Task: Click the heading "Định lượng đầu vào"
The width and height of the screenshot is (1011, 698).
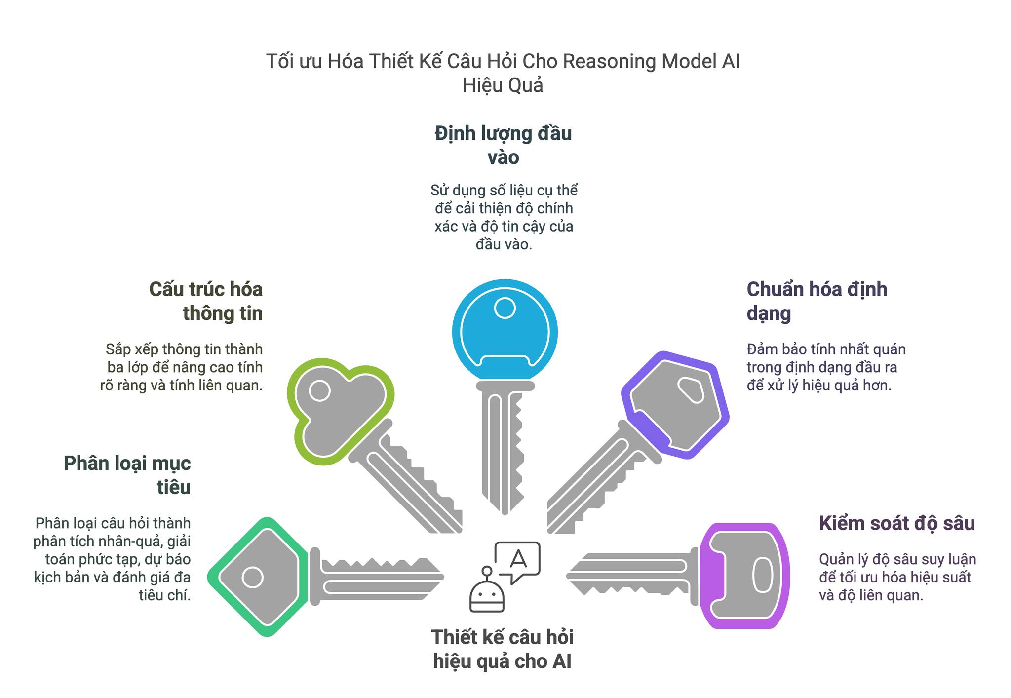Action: [x=503, y=145]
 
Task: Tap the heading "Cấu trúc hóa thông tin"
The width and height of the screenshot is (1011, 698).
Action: [x=206, y=301]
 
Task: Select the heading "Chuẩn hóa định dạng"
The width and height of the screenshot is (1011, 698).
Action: [x=817, y=301]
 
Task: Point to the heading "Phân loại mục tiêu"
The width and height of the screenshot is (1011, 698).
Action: [x=127, y=475]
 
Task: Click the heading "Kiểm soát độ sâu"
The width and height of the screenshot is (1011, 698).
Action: [x=896, y=523]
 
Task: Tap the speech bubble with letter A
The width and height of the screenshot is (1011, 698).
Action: [x=517, y=561]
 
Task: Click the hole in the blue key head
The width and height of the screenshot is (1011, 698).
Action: [x=505, y=309]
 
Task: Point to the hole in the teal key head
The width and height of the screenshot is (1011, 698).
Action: [x=253, y=577]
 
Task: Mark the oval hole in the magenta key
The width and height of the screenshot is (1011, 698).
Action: [x=762, y=575]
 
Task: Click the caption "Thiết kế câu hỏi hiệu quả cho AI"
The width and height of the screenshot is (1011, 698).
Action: [x=503, y=649]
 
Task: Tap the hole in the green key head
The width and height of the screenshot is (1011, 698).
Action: [x=319, y=391]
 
